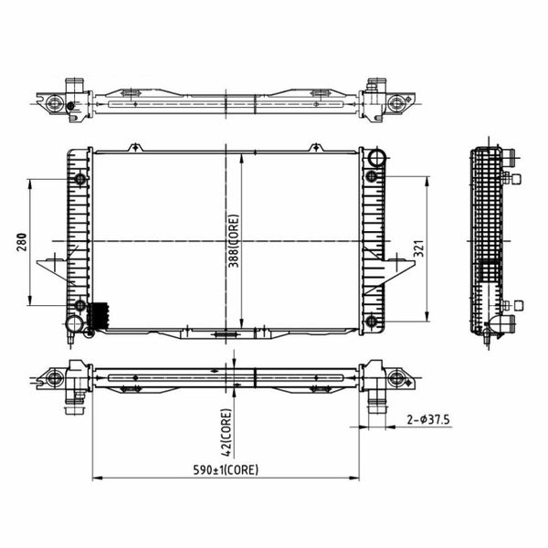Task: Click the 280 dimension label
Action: (22, 242)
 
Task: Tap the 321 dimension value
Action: (419, 248)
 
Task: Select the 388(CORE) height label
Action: (234, 241)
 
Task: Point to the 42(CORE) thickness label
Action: (227, 433)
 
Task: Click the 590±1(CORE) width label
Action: (226, 469)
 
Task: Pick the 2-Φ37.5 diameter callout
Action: (428, 419)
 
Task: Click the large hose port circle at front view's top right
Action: (376, 157)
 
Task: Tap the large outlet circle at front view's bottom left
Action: (75, 323)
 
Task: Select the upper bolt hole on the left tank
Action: (80, 179)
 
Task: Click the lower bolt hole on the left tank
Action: (80, 305)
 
